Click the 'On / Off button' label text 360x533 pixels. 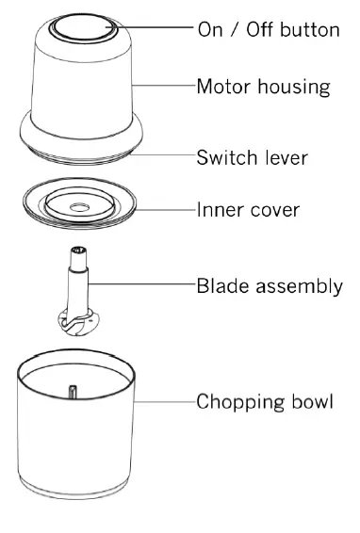coord(268,29)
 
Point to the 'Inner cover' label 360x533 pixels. coord(248,208)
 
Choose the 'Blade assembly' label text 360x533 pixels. coord(268,285)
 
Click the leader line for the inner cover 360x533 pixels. coord(168,208)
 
